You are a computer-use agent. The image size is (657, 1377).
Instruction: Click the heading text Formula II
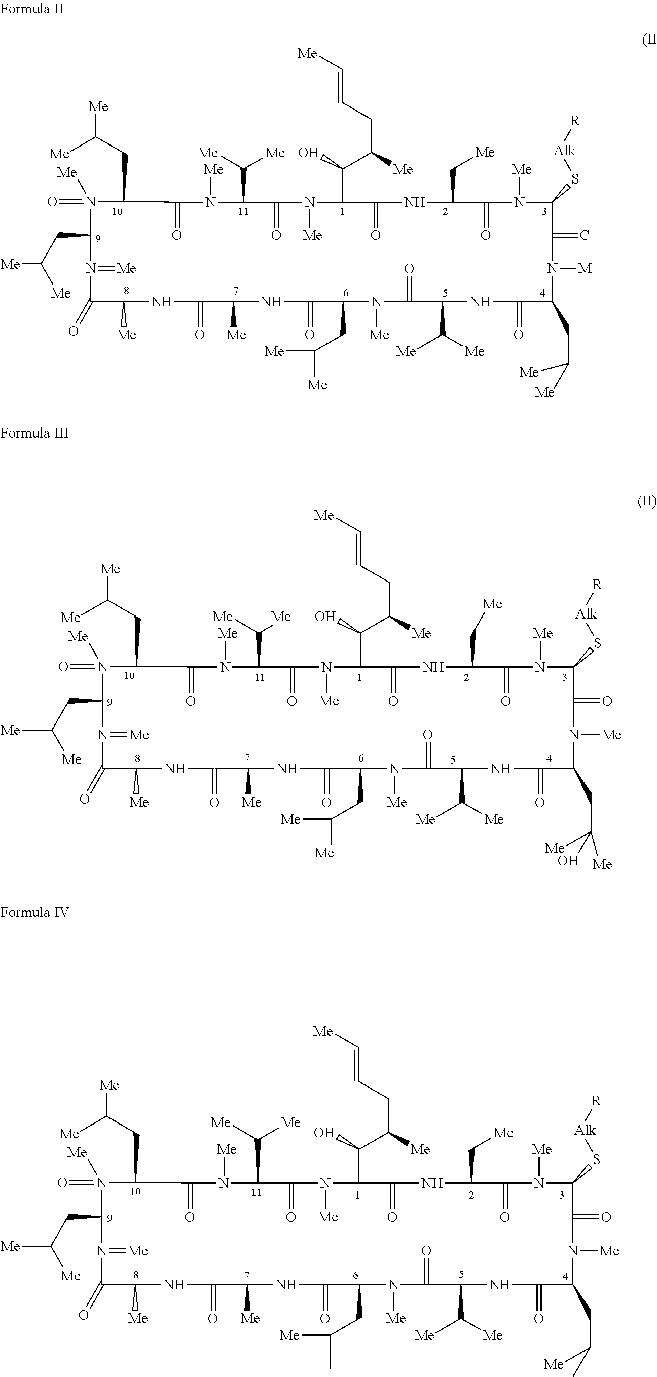[31, 9]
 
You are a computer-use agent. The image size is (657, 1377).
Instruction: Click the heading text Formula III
[34, 433]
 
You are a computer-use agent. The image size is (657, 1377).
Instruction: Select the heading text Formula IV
[34, 912]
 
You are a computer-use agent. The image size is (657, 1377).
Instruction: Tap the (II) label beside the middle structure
[647, 501]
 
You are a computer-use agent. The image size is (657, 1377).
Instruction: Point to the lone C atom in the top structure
[585, 235]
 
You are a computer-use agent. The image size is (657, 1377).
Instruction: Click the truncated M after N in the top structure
[585, 268]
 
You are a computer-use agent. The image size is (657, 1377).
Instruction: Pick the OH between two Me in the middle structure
[568, 861]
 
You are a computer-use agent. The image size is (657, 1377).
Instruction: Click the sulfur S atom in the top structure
[575, 178]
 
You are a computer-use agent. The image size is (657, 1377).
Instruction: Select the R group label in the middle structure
[597, 585]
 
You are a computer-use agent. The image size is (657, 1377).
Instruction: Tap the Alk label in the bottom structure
[585, 1130]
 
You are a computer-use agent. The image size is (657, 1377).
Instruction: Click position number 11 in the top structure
[243, 212]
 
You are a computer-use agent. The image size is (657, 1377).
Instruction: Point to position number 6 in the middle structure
[361, 758]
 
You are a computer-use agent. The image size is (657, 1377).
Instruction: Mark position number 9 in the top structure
[98, 239]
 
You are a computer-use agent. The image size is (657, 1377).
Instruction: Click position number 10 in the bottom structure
[135, 1192]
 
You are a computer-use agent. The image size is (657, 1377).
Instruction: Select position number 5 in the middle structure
[452, 760]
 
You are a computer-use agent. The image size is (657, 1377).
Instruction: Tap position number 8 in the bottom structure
[136, 1275]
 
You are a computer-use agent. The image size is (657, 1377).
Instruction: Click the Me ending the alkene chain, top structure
[307, 53]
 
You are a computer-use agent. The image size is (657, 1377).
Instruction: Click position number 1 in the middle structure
[360, 678]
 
